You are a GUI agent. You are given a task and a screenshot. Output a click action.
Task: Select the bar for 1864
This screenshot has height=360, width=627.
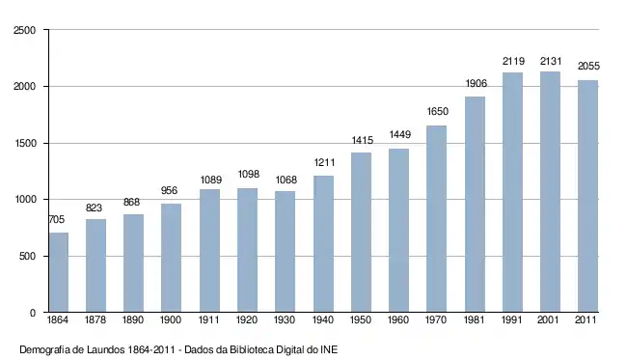pyautogui.click(x=59, y=272)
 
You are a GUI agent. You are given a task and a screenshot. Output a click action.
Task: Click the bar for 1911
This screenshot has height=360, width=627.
pyautogui.click(x=209, y=250)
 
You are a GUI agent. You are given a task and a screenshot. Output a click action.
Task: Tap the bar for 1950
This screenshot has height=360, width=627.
pyautogui.click(x=361, y=232)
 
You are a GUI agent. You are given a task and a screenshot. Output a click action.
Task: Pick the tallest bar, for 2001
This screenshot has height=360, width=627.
pyautogui.click(x=550, y=192)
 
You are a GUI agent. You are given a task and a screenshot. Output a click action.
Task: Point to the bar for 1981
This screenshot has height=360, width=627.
pyautogui.click(x=475, y=204)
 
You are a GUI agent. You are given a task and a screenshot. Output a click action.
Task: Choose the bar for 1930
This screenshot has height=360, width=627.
pyautogui.click(x=286, y=251)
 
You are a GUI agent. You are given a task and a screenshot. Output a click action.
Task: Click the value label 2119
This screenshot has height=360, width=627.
pyautogui.click(x=513, y=61)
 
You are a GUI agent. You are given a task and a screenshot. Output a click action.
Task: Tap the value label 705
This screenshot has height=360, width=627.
pyautogui.click(x=56, y=220)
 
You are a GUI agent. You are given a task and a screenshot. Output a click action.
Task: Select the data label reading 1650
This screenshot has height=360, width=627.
pyautogui.click(x=438, y=111)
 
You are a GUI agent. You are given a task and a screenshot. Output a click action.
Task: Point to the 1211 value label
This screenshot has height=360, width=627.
pyautogui.click(x=324, y=162)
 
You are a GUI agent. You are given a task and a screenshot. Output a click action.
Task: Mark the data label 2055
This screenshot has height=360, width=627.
pyautogui.click(x=588, y=66)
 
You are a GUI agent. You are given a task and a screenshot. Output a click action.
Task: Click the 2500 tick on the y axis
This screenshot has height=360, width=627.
pyautogui.click(x=24, y=30)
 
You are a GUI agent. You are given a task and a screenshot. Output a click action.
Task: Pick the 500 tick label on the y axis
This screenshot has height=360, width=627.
pyautogui.click(x=27, y=257)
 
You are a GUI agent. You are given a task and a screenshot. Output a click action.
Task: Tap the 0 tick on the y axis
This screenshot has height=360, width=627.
pyautogui.click(x=33, y=313)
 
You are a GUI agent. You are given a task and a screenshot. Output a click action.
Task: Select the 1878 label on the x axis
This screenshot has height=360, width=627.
pyautogui.click(x=95, y=320)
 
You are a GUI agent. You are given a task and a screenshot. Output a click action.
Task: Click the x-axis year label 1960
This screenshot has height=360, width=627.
pyautogui.click(x=398, y=320)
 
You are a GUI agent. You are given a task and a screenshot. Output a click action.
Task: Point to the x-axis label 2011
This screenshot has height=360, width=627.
pyautogui.click(x=586, y=320)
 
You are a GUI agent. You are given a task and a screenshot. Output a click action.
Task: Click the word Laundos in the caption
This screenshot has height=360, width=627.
pyautogui.click(x=105, y=350)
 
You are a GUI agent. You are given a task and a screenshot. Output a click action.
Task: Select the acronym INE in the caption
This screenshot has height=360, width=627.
pyautogui.click(x=329, y=350)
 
